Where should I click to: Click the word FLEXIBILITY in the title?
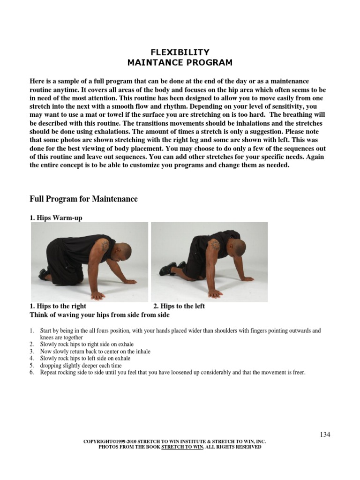[x=180, y=52]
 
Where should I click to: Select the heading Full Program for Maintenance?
[x=83, y=199]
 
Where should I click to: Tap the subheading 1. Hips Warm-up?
[x=56, y=218]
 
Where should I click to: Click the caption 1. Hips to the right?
[x=58, y=306]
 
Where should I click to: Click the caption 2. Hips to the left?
[x=179, y=306]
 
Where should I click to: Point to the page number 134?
[x=325, y=434]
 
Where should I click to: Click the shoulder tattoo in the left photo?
[x=104, y=246]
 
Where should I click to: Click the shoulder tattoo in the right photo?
[x=215, y=245]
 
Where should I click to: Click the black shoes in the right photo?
[x=170, y=268]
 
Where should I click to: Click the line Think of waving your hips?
[x=99, y=315]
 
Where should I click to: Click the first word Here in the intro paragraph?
[x=37, y=81]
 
